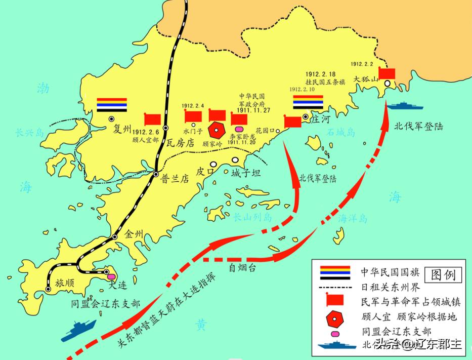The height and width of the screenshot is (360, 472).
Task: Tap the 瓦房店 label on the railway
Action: pos(181,143)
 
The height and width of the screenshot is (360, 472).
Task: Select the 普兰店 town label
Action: pos(175,178)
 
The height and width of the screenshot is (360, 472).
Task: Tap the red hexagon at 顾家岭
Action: pos(217,131)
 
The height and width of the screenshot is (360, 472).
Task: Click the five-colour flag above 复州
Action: pos(112,104)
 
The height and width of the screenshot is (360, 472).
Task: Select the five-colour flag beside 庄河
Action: pos(308,103)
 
